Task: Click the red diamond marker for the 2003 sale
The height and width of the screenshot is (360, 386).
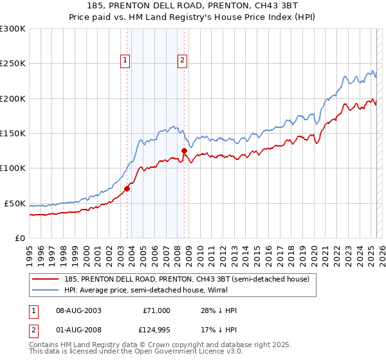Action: (x=127, y=188)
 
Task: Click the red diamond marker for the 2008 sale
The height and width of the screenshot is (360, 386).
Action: (x=184, y=151)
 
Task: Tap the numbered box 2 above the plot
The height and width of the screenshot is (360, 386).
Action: (x=182, y=61)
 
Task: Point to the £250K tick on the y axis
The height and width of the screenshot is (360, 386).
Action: (x=12, y=64)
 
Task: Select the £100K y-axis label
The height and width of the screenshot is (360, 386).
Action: (x=12, y=168)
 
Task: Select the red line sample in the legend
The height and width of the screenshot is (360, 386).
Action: (x=46, y=279)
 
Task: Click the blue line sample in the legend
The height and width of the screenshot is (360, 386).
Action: (x=46, y=290)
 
